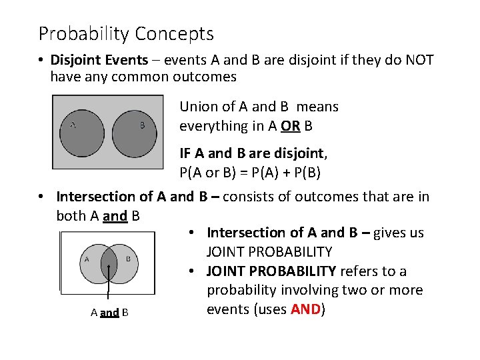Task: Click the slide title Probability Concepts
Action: tap(126, 33)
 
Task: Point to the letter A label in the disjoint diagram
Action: tap(73, 124)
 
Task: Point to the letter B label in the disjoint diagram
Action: tap(142, 124)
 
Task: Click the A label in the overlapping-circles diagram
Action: tap(87, 258)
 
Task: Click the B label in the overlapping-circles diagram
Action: tap(128, 258)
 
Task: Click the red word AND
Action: tap(305, 309)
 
